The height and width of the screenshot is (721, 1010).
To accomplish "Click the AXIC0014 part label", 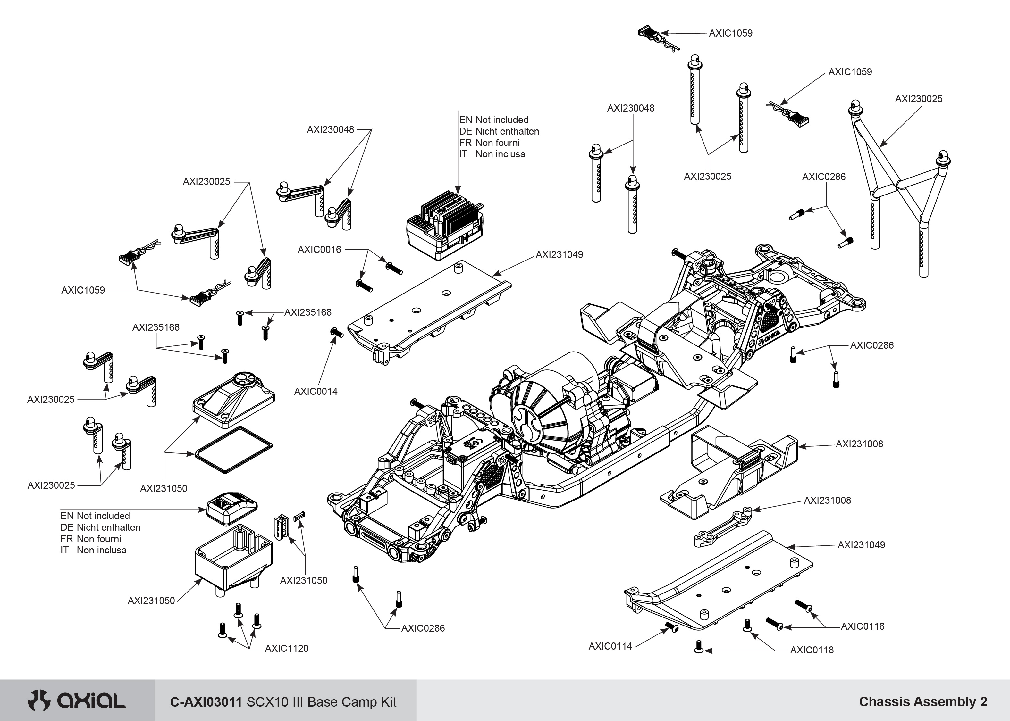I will (316, 392).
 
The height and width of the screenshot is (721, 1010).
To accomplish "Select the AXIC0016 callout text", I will (319, 250).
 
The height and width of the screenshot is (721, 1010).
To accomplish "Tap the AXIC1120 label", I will (286, 648).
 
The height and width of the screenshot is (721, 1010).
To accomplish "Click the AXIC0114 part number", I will (610, 646).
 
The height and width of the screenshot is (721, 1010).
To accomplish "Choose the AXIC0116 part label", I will (862, 626).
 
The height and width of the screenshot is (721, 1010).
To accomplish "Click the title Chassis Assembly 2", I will (923, 701).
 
